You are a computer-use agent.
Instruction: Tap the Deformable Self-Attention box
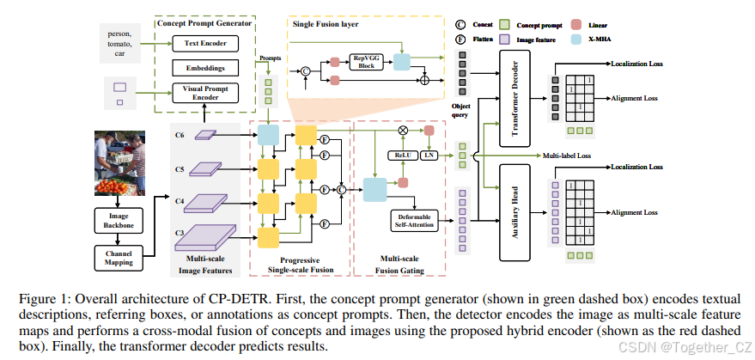(414, 219)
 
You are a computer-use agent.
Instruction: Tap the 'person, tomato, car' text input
(119, 44)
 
